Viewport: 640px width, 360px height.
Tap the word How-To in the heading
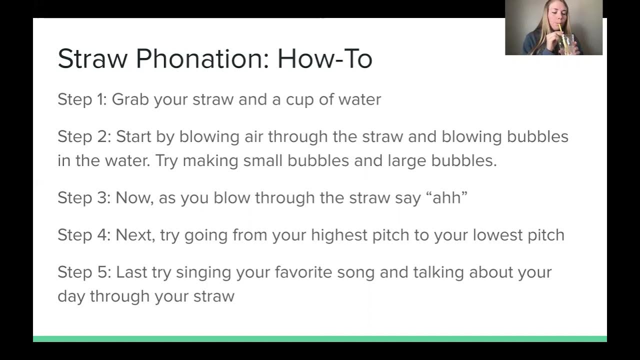pos(325,59)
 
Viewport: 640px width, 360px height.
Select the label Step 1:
pos(82,99)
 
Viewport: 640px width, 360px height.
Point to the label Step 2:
pos(84,136)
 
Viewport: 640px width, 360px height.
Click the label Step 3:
pos(84,197)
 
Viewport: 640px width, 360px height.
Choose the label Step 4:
pos(84,235)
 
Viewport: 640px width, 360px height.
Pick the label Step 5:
pos(84,272)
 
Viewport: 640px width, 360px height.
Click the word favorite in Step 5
pos(303,272)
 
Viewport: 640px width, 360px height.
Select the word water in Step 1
pos(359,99)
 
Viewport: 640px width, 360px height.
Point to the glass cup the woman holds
pos(569,45)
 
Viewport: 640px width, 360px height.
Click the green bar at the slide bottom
pos(320,339)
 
